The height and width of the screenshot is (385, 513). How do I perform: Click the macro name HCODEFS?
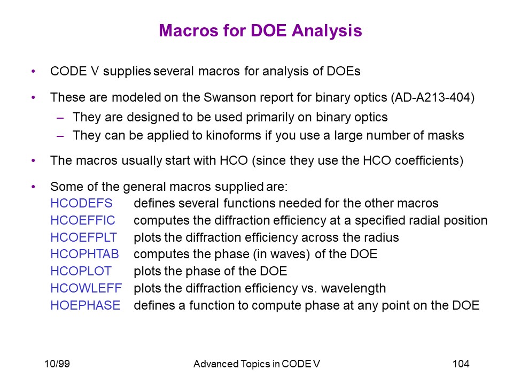tap(81, 203)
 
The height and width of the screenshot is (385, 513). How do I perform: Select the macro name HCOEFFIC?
tap(83, 220)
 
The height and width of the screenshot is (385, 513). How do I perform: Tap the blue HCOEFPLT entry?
tap(83, 237)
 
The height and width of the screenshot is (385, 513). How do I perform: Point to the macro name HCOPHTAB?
tap(85, 254)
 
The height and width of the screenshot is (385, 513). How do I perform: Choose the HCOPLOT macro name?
tap(81, 271)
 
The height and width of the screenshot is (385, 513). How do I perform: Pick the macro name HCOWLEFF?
tap(87, 288)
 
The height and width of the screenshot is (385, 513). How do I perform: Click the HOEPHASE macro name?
tap(85, 305)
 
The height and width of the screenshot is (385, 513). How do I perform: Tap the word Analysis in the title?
tap(327, 32)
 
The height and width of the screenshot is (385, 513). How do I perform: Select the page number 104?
tap(461, 364)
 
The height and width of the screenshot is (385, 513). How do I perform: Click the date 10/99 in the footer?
tap(57, 364)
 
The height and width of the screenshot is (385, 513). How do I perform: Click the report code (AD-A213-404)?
tap(432, 97)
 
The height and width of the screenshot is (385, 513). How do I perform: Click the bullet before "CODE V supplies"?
tap(33, 71)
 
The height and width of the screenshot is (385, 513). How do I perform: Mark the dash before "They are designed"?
tap(60, 118)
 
